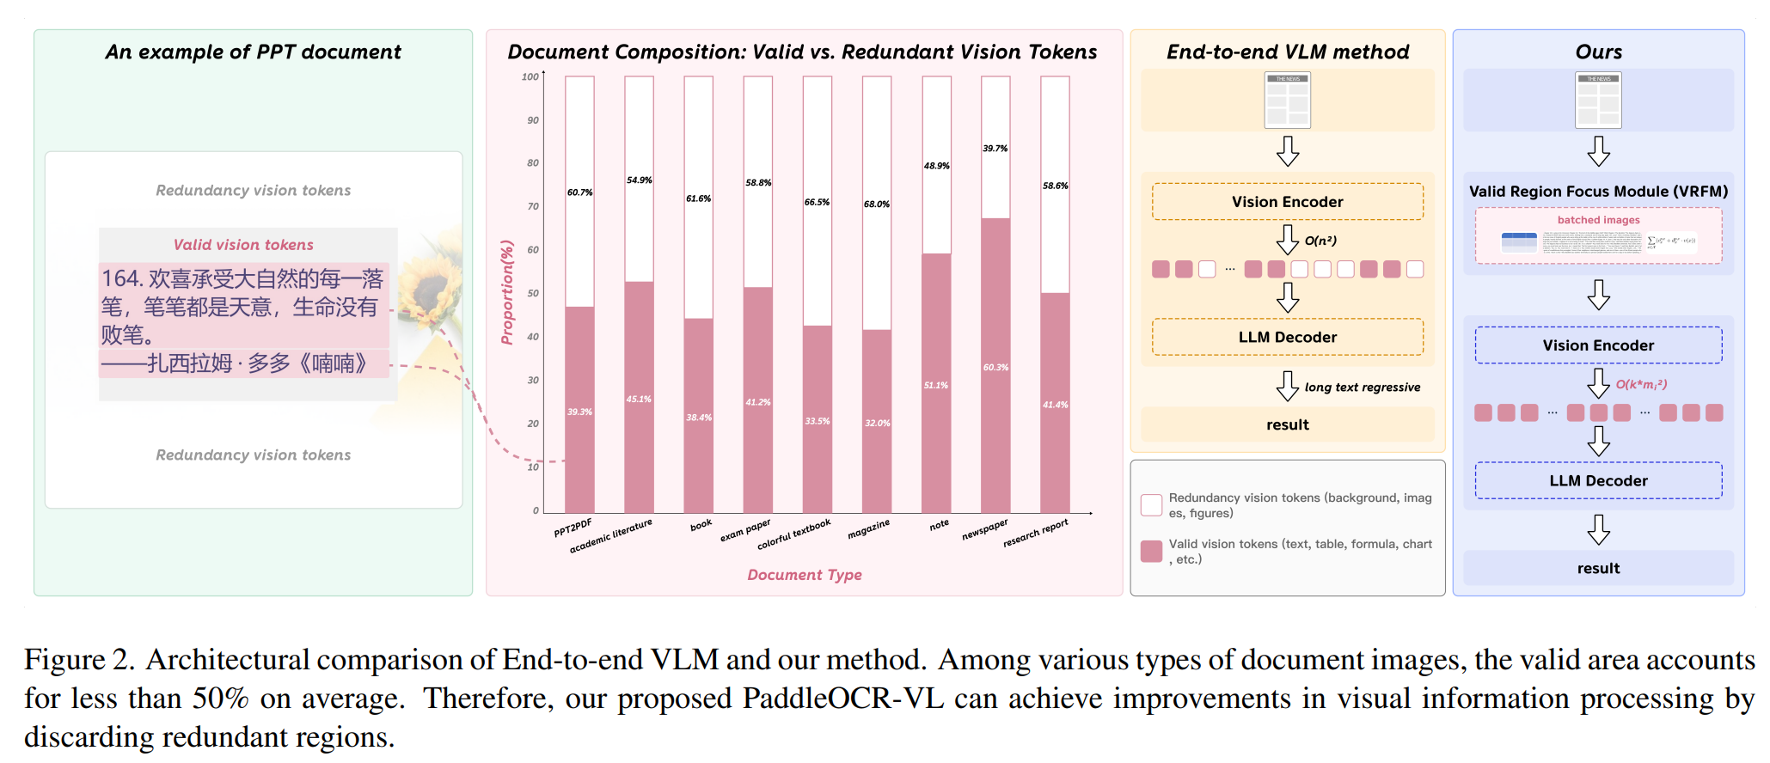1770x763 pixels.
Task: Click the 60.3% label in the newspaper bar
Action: pyautogui.click(x=995, y=368)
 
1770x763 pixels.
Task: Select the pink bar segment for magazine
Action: pyautogui.click(x=877, y=421)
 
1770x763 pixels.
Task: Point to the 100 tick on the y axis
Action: pyautogui.click(x=530, y=77)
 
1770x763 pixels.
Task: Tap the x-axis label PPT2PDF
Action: pyautogui.click(x=573, y=527)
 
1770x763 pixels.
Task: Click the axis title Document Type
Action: pyautogui.click(x=805, y=575)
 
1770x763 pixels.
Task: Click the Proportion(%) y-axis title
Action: pyautogui.click(x=507, y=292)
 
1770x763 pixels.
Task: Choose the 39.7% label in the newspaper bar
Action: pyautogui.click(x=995, y=149)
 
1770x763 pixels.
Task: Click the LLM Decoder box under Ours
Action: pyautogui.click(x=1598, y=480)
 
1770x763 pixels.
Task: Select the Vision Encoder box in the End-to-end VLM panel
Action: pyautogui.click(x=1287, y=202)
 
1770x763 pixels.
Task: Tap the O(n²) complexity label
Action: pyautogui.click(x=1321, y=241)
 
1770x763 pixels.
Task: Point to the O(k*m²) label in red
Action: pyautogui.click(x=1642, y=384)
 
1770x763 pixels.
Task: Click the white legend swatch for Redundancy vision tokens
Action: pyautogui.click(x=1151, y=505)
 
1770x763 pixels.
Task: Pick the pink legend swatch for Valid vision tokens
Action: pyautogui.click(x=1151, y=551)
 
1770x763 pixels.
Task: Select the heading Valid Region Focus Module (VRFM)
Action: pyautogui.click(x=1598, y=192)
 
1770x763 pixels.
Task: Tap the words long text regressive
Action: pyautogui.click(x=1363, y=388)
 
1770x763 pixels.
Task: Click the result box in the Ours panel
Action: pyautogui.click(x=1598, y=568)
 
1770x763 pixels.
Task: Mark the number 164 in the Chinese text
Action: pyautogui.click(x=120, y=278)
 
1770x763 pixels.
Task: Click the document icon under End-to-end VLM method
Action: pyautogui.click(x=1287, y=101)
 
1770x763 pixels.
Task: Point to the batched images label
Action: pyautogui.click(x=1598, y=220)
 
